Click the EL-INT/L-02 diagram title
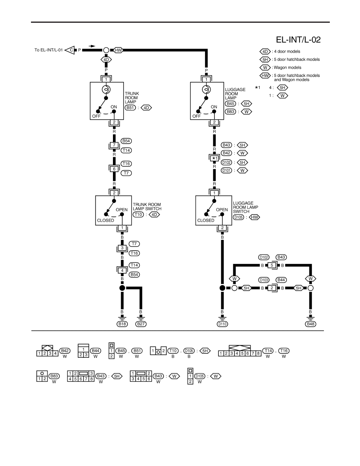pyautogui.click(x=298, y=40)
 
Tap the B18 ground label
pyautogui.click(x=122, y=324)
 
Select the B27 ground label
pyautogui.click(x=141, y=324)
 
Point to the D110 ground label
pyautogui.click(x=222, y=324)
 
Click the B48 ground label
pyautogui.click(x=311, y=324)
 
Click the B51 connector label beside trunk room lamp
pyautogui.click(x=130, y=107)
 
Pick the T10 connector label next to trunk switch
pyautogui.click(x=138, y=214)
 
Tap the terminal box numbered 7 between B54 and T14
pyautogui.click(x=114, y=145)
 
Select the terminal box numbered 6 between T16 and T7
pyautogui.click(x=114, y=169)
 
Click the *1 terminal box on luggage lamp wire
pyautogui.click(x=215, y=158)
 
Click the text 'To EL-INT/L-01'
pyautogui.click(x=48, y=50)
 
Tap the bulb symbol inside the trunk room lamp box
pyautogui.click(x=106, y=89)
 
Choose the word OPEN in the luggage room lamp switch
pyautogui.click(x=222, y=209)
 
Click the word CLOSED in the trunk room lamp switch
pyautogui.click(x=105, y=220)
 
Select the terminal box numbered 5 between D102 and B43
pyautogui.click(x=271, y=266)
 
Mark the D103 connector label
pyautogui.click(x=264, y=280)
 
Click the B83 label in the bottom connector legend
pyautogui.click(x=54, y=376)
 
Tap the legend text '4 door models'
pyautogui.click(x=287, y=51)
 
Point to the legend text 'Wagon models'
pyautogui.click(x=287, y=67)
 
